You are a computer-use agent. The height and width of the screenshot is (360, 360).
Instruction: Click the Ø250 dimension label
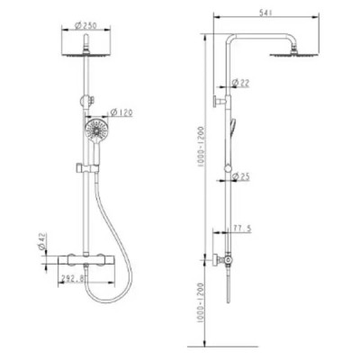[85, 26]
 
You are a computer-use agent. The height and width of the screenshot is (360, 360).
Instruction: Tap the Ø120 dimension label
[121, 112]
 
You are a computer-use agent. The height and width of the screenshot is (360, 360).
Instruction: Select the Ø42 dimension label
[42, 241]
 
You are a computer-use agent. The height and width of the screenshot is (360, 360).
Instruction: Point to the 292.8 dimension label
[72, 279]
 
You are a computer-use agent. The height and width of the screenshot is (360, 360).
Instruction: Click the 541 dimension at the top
[265, 13]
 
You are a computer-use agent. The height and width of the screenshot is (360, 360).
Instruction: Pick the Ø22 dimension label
[240, 83]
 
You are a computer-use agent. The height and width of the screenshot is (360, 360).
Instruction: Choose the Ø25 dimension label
[240, 176]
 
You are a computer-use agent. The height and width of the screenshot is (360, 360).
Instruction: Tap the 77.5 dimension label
[242, 229]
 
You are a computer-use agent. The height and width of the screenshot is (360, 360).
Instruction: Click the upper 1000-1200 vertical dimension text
[201, 148]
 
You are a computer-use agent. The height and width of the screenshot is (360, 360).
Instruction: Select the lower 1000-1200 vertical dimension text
[201, 302]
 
